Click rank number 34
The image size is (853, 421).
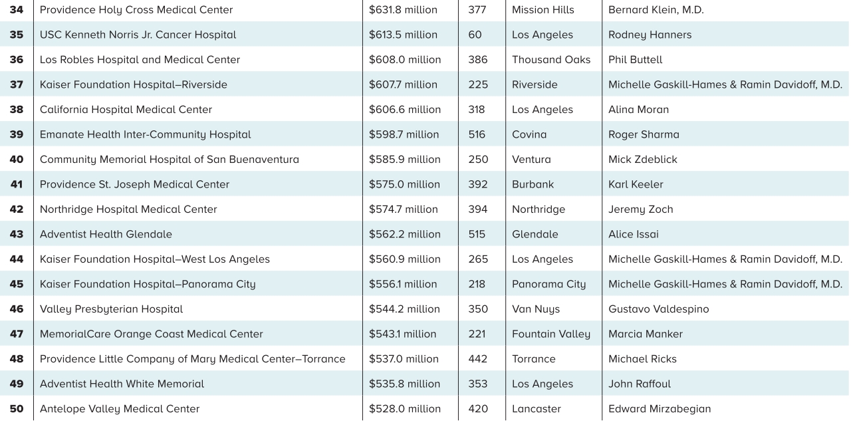point(16,10)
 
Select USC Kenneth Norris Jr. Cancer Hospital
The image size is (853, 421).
point(138,35)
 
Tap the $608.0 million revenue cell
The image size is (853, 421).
point(405,60)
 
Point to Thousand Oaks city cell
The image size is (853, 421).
point(550,60)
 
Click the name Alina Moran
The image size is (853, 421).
point(638,110)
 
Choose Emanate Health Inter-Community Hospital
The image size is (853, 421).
point(145,134)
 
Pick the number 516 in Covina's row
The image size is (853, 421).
point(477,134)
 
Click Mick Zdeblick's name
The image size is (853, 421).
point(643,160)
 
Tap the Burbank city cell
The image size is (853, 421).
point(533,184)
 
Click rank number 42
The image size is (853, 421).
point(16,210)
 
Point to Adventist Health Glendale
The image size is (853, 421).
point(106,234)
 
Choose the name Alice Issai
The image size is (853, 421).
point(634,234)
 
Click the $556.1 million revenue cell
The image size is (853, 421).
point(403,284)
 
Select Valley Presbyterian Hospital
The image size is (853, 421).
point(111,309)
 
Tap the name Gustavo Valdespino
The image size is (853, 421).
point(658,309)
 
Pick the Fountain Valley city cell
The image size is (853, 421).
point(550,334)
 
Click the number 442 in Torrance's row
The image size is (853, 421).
point(478,359)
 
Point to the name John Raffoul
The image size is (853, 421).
point(639,384)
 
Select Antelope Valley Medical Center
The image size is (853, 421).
point(120,409)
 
